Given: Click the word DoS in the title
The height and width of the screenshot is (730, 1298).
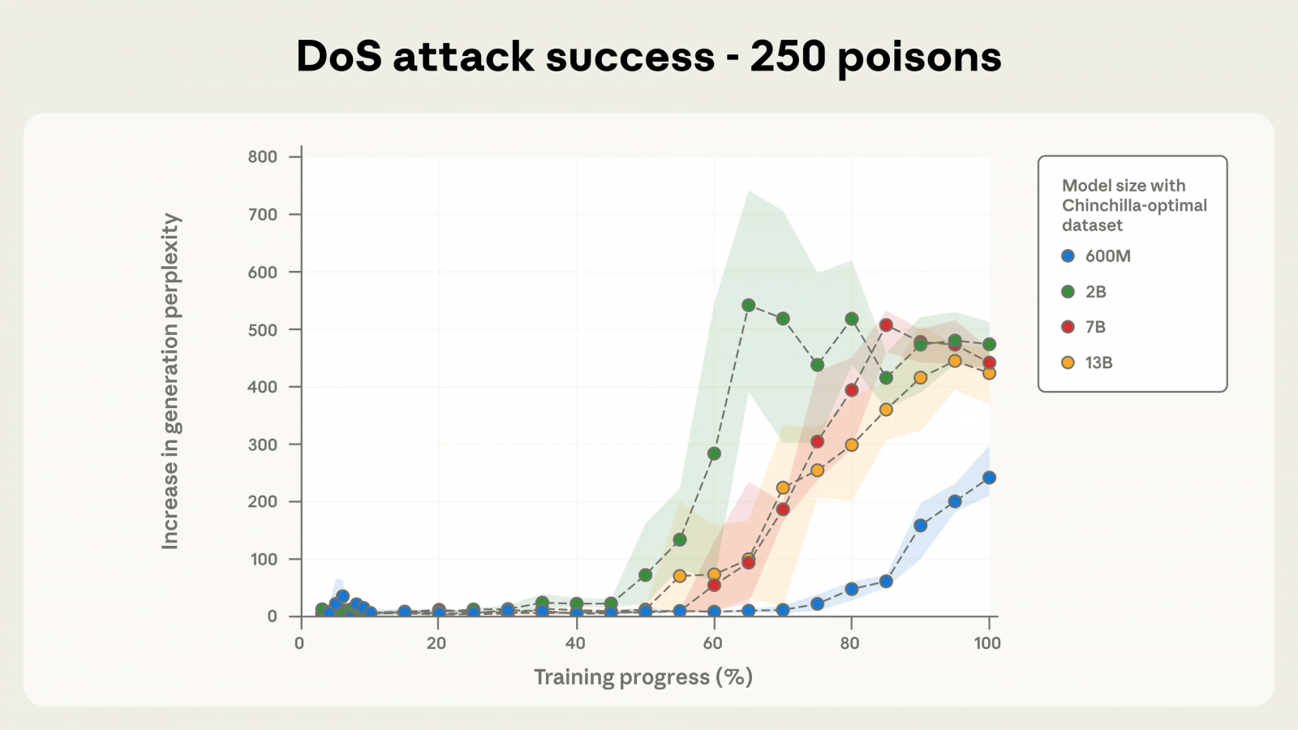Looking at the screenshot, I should (x=339, y=57).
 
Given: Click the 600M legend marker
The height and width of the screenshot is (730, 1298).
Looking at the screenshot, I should (x=1068, y=256).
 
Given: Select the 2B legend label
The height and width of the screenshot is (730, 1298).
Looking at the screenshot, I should (x=1096, y=292).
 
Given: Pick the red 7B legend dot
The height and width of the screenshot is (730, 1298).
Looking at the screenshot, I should (x=1068, y=327).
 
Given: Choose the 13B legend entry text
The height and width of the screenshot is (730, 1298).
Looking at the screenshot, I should (x=1099, y=363).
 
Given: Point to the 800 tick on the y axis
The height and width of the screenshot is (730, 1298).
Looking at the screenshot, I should (x=263, y=157).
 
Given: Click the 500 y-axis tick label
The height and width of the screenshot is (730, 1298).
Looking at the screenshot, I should (x=263, y=330).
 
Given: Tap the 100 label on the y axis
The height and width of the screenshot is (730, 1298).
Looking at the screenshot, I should (x=263, y=559).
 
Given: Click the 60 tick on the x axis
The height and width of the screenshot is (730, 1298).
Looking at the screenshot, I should (x=713, y=643).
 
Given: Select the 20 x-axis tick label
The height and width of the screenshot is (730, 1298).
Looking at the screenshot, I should (x=436, y=643).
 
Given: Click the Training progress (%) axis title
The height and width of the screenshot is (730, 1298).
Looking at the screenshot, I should (x=643, y=677).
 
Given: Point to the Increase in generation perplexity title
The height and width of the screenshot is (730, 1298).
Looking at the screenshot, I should (x=170, y=381).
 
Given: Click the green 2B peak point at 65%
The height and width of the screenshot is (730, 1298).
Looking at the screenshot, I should (x=749, y=305).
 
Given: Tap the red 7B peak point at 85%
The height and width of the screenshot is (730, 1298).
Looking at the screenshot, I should (x=886, y=324).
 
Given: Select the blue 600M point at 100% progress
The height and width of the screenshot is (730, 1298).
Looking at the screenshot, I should (x=989, y=478).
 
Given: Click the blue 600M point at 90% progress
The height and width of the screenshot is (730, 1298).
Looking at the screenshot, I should (x=920, y=526).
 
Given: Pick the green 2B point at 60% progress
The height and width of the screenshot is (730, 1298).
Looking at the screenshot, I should (x=714, y=453).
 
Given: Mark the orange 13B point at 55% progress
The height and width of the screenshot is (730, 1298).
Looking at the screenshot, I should (x=680, y=576).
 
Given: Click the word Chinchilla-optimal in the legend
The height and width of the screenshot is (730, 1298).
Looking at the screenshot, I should (x=1134, y=205).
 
